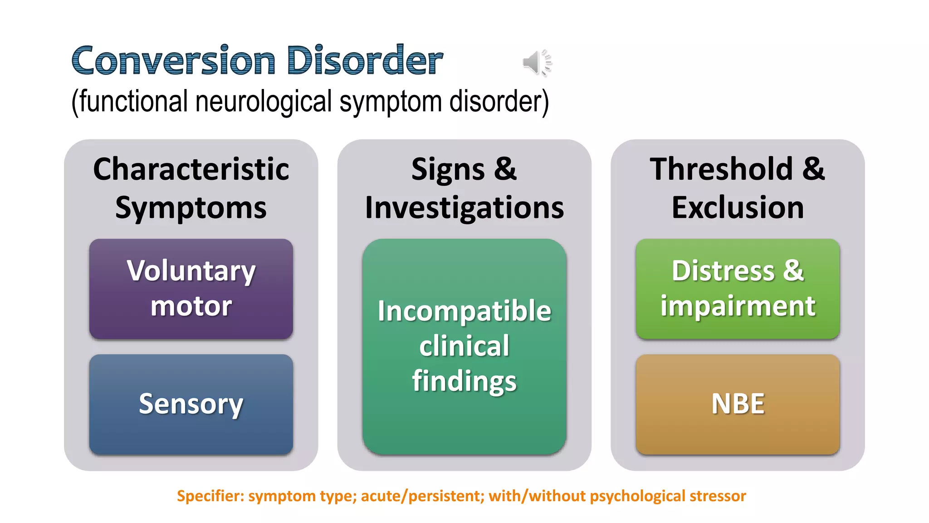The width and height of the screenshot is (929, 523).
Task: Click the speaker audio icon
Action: coord(536,63)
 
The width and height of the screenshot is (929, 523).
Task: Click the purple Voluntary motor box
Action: coord(191,289)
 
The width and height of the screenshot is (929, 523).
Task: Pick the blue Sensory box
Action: coord(191,404)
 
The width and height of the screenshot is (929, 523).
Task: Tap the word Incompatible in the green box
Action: coord(464,311)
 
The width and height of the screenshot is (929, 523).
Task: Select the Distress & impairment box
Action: coord(738,289)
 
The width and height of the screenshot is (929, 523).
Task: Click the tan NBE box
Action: coord(738,404)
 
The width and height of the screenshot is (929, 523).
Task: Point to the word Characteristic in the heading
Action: coord(191,169)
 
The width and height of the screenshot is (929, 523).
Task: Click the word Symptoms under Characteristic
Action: coord(191,208)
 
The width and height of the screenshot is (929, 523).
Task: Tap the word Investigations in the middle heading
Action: coord(464,208)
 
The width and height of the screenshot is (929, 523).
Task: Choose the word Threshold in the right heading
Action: coord(721,169)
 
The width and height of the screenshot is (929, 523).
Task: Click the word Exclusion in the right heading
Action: coord(738,208)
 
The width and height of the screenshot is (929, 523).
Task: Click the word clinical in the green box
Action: coord(464,346)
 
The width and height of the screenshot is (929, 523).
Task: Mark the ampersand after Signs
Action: coord(505,169)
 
